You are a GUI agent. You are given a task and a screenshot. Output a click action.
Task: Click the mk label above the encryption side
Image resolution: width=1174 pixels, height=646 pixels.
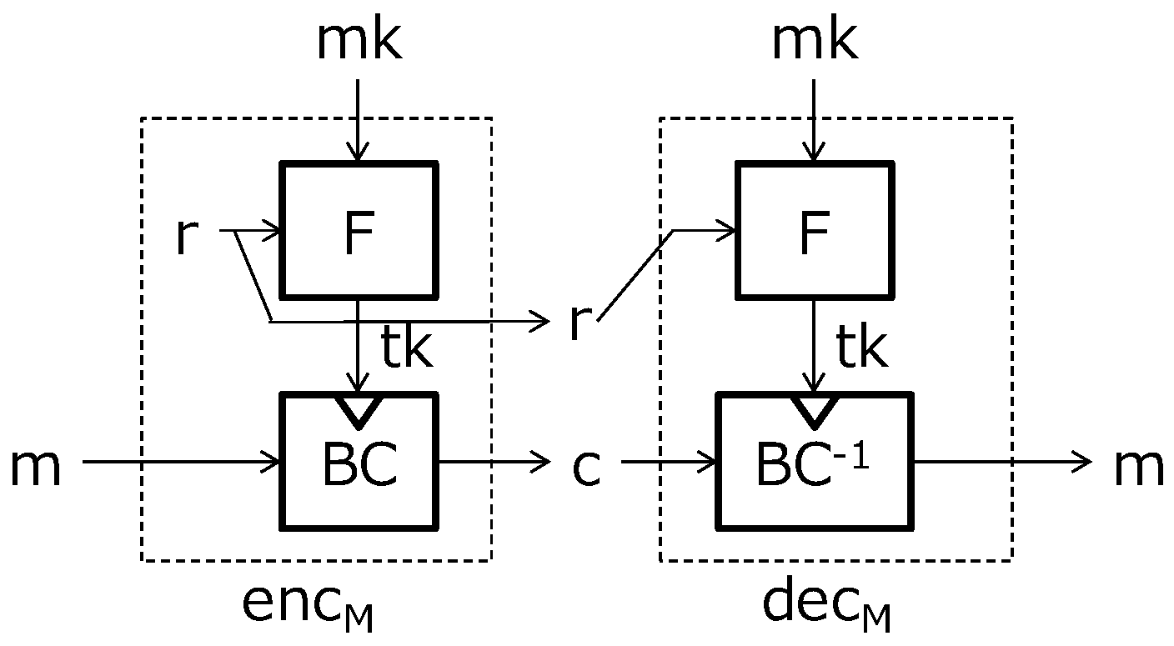click(359, 42)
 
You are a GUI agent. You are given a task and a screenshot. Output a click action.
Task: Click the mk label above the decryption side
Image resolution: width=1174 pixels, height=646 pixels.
click(813, 42)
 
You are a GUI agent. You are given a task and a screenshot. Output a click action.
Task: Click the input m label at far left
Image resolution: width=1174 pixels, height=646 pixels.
click(35, 467)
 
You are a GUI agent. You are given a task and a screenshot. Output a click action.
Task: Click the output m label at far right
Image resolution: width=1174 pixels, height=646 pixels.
click(1138, 467)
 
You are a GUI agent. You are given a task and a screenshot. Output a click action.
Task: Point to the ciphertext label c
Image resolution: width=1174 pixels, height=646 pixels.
click(586, 467)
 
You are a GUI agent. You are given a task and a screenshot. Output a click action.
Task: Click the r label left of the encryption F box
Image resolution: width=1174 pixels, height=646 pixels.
click(188, 236)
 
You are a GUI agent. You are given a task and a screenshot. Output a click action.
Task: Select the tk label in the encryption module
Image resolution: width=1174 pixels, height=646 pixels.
click(406, 349)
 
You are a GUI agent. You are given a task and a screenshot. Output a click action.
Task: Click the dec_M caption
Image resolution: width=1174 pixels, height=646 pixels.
click(825, 607)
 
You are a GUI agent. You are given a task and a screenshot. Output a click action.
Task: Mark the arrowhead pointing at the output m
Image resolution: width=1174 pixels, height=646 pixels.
click(1083, 460)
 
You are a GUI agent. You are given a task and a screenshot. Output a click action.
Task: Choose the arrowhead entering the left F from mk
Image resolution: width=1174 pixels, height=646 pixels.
click(359, 153)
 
